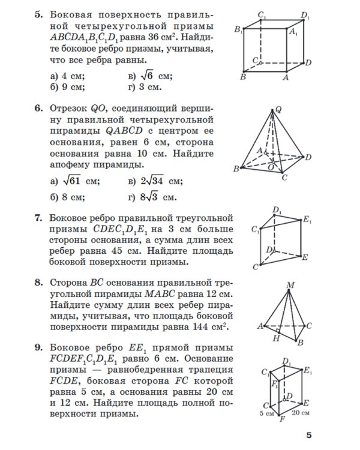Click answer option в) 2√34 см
[155, 181]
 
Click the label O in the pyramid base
[271, 169]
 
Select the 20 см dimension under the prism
[301, 413]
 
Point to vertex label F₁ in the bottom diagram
[274, 382]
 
